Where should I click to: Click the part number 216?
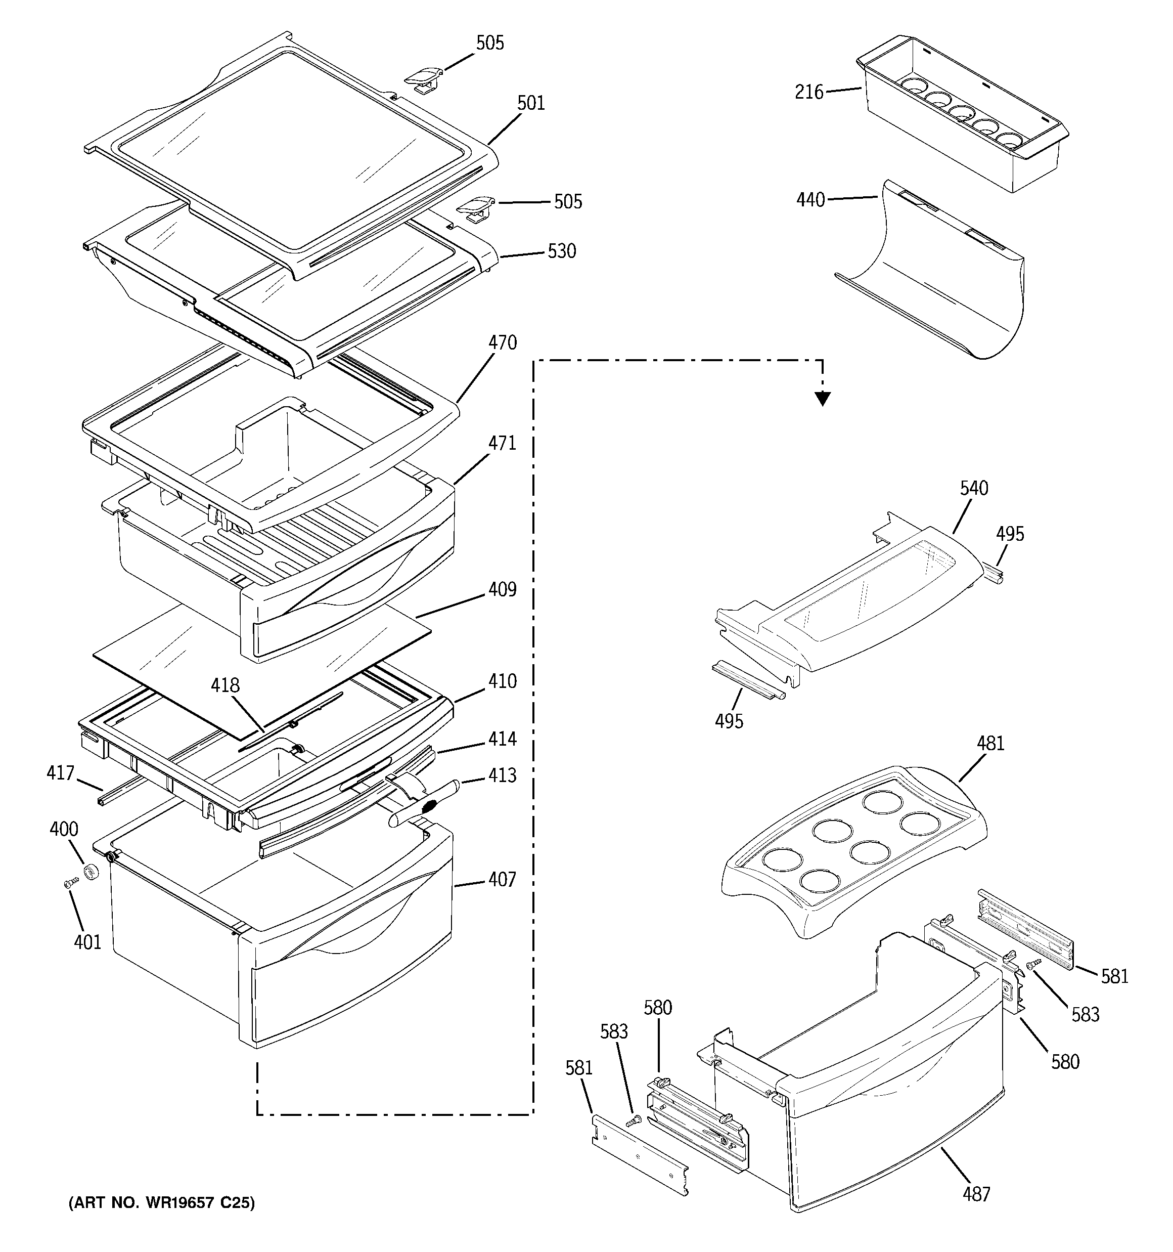(809, 93)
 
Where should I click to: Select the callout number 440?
(810, 200)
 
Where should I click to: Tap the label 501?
(531, 103)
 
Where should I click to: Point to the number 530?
(562, 251)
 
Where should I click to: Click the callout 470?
(503, 342)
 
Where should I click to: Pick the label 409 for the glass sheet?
(503, 589)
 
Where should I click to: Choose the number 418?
(225, 685)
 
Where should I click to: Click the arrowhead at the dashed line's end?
(822, 398)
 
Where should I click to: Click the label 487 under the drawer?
(976, 1193)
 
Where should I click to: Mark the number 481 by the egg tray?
(990, 744)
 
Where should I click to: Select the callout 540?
(974, 488)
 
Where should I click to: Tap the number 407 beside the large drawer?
(503, 879)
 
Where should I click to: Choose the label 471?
(503, 443)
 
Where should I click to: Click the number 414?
(503, 739)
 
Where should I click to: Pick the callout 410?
(503, 681)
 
